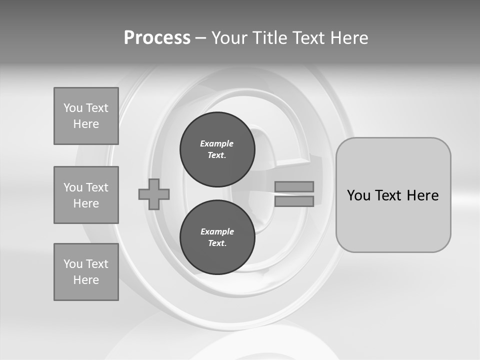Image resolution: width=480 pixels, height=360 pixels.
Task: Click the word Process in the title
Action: click(157, 37)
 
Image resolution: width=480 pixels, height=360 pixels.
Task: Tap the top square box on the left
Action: click(86, 116)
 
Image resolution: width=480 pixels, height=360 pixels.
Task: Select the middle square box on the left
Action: click(86, 195)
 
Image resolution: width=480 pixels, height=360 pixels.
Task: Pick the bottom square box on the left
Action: click(86, 272)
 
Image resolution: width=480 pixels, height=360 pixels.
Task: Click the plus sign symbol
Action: click(154, 194)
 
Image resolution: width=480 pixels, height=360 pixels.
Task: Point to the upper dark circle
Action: click(217, 149)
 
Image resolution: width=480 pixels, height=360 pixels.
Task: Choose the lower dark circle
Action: click(217, 237)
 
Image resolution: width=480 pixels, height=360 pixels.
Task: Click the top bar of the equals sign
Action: click(294, 186)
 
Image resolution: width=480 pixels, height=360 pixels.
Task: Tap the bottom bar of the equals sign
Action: click(294, 201)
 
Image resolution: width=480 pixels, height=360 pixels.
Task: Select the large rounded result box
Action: click(393, 195)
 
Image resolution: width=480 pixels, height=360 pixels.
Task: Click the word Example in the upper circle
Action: click(217, 143)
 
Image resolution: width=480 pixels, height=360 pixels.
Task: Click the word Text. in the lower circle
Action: click(217, 243)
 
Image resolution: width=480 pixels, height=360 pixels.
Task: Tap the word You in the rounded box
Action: click(359, 195)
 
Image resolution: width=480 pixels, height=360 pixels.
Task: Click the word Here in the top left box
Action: click(86, 124)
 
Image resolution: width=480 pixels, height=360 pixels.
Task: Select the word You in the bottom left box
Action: click(73, 264)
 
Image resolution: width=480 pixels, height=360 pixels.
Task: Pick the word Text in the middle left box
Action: click(96, 187)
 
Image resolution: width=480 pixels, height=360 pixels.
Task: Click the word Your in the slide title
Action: click(230, 37)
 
